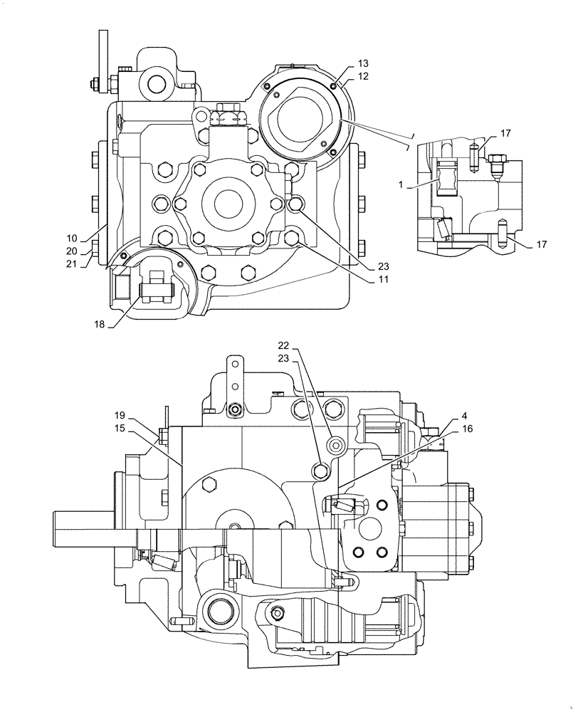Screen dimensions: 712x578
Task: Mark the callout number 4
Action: point(444,415)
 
